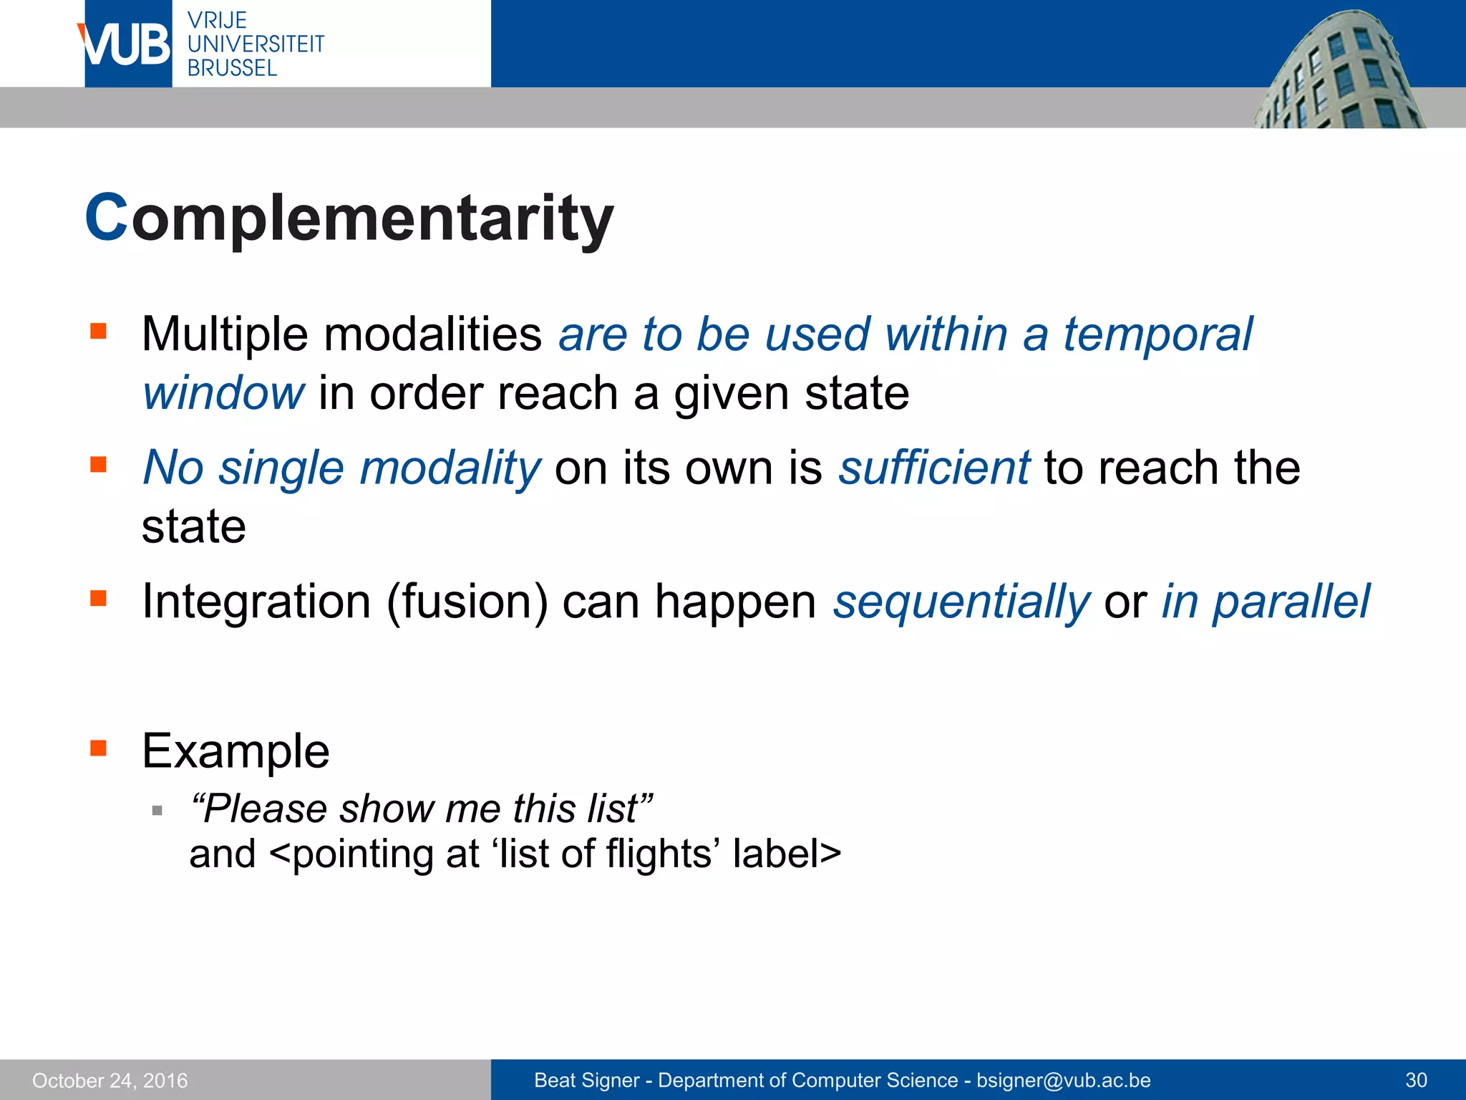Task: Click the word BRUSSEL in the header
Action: click(232, 68)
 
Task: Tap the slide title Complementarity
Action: click(349, 218)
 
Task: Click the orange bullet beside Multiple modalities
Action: click(99, 331)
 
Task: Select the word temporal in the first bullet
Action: click(1157, 334)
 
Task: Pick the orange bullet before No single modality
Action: click(99, 465)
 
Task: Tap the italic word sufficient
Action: click(933, 468)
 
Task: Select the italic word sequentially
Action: click(961, 602)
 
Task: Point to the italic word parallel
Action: click(1291, 602)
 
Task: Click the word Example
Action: click(236, 751)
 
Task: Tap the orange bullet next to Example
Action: click(99, 749)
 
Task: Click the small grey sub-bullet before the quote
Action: click(157, 811)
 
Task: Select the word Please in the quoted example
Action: click(261, 809)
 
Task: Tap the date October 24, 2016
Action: click(110, 1080)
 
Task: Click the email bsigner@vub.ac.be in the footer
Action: click(1063, 1080)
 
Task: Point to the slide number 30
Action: click(1416, 1080)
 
